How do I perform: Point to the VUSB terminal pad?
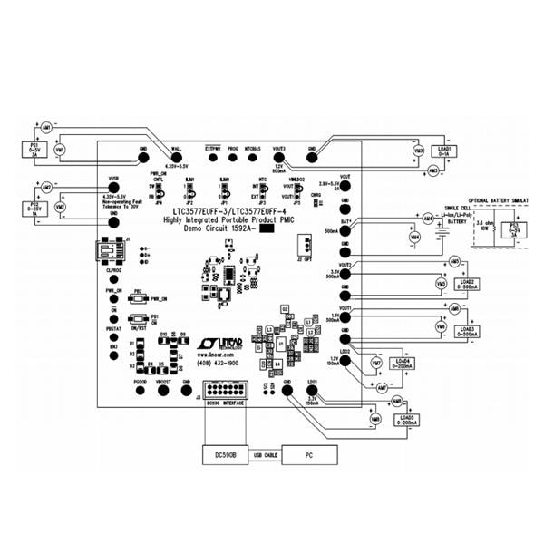[113, 188]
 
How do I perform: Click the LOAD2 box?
[469, 282]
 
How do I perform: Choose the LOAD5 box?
[404, 420]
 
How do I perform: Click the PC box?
[308, 452]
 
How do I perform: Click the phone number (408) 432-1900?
[220, 363]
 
